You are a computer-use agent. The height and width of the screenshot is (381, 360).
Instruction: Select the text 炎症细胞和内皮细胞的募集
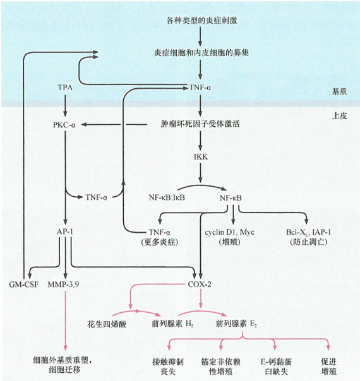click(201, 53)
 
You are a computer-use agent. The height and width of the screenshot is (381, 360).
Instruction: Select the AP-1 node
click(66, 232)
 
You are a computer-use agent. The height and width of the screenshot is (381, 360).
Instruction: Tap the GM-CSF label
click(25, 284)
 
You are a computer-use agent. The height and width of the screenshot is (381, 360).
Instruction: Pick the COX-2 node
click(201, 284)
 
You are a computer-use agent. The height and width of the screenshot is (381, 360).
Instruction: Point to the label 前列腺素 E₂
click(237, 324)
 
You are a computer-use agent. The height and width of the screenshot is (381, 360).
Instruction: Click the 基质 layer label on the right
click(339, 91)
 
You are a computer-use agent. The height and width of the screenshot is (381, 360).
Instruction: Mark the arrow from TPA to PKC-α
click(66, 105)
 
